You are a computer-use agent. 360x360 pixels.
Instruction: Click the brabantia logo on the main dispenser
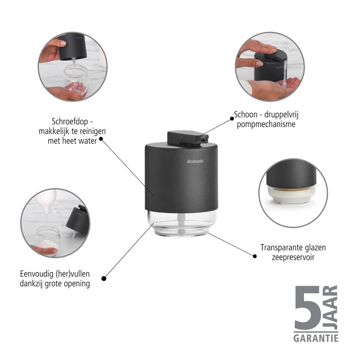(195, 161)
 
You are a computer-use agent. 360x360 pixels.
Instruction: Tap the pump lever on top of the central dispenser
(188, 138)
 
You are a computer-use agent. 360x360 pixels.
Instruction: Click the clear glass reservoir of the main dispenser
(182, 223)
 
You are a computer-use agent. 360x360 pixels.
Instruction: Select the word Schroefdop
(70, 121)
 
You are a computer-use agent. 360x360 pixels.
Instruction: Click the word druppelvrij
(281, 114)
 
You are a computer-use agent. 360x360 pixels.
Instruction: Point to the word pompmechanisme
(266, 124)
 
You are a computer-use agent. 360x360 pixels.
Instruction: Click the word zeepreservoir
(293, 257)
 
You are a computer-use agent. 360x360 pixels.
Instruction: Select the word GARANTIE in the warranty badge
(316, 338)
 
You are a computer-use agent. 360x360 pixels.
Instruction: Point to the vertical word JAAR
(330, 308)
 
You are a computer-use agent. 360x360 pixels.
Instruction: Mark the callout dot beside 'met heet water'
(101, 139)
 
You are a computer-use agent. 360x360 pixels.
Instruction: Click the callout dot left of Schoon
(232, 119)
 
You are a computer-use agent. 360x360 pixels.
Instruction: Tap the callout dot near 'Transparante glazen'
(255, 256)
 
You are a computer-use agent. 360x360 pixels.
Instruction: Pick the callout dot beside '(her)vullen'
(104, 279)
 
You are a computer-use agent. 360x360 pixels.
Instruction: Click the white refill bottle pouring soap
(47, 201)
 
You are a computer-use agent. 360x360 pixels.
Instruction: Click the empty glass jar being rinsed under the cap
(76, 79)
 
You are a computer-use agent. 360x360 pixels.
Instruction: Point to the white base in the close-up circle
(292, 195)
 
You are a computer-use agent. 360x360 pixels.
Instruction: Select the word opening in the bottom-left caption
(77, 284)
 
